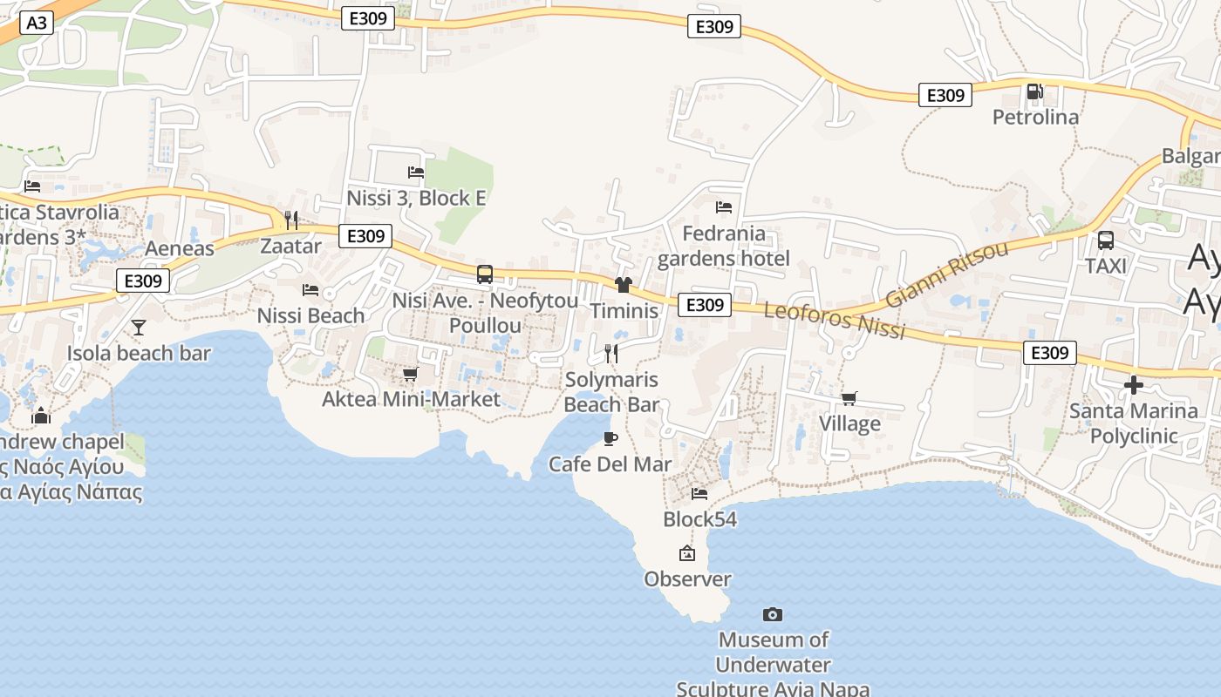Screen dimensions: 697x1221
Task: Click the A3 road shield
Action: tap(36, 23)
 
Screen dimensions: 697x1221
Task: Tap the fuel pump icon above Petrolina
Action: tap(1034, 91)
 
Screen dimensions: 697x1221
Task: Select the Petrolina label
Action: tap(1035, 117)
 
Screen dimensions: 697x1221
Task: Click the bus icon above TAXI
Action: tap(1105, 240)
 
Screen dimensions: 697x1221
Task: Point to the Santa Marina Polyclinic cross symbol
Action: tap(1133, 384)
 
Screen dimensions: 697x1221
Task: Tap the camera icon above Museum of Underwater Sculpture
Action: tap(772, 614)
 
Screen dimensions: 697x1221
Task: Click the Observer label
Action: tap(687, 579)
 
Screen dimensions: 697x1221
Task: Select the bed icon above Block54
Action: tap(699, 494)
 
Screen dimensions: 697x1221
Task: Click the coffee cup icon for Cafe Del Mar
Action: tap(610, 438)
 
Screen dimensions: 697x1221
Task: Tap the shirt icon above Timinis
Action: tap(623, 285)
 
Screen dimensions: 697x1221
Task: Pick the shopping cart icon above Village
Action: tap(849, 398)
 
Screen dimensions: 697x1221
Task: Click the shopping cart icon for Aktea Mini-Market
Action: tap(410, 374)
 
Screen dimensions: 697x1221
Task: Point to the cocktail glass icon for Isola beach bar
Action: tap(139, 328)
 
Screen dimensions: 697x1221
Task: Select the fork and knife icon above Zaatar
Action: tap(291, 220)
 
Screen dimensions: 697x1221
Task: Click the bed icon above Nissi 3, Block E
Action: tap(416, 173)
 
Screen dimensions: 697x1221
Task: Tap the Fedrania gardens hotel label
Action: tap(724, 246)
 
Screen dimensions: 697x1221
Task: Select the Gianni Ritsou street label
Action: tap(945, 274)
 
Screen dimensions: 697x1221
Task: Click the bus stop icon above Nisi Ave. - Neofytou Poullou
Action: tap(485, 274)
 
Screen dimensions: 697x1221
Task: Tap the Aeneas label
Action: tap(180, 248)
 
